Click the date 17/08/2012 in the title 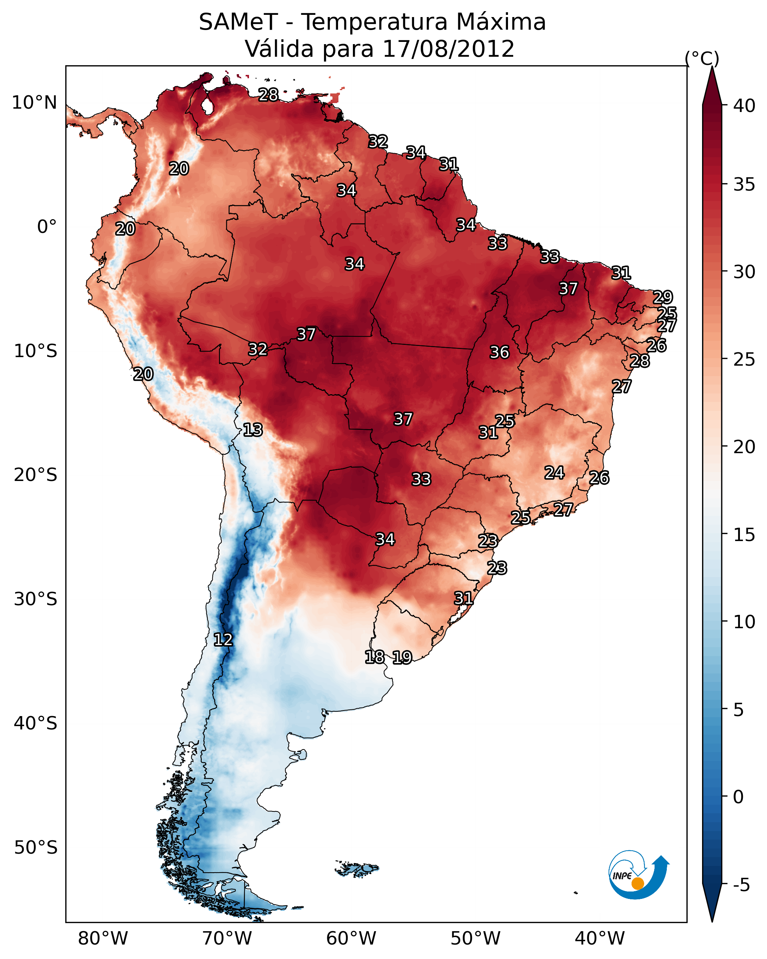coord(448,49)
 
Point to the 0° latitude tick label coord(47,227)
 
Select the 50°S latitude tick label coord(36,848)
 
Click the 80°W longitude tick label coord(103,939)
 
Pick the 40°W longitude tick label coord(600,939)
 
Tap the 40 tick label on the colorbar coord(744,106)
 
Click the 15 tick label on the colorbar coord(744,535)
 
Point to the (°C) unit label coord(702,58)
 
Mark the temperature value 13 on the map coord(253,430)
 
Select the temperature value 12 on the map coord(223,640)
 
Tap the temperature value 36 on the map coord(499,352)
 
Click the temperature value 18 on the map coord(374,657)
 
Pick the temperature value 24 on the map coord(554,472)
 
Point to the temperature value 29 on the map coord(663,297)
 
